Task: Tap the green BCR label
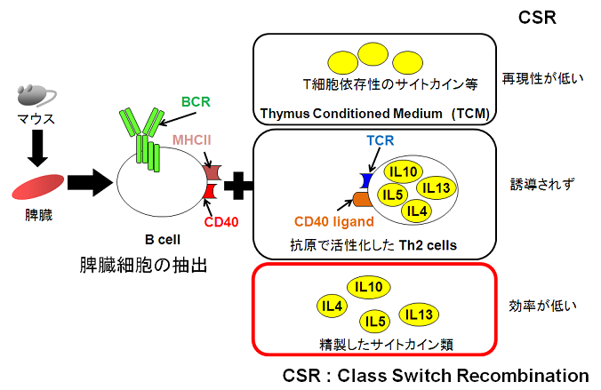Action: [x=197, y=102]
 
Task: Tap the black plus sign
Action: [x=237, y=187]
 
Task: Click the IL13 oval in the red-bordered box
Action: [x=418, y=314]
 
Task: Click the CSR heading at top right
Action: [x=538, y=17]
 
